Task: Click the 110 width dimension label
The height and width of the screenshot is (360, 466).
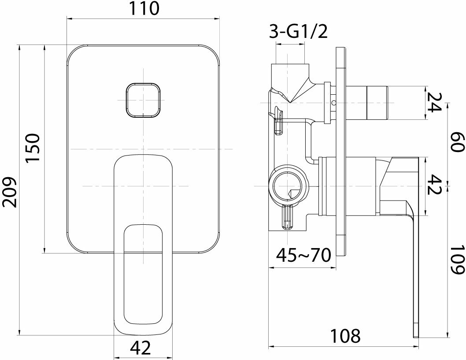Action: click(x=144, y=8)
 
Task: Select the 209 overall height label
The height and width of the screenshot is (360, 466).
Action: click(x=10, y=192)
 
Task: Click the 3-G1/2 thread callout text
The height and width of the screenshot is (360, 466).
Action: click(x=298, y=32)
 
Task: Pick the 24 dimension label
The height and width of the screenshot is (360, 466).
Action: click(x=434, y=102)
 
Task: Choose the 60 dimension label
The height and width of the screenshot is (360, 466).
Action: click(x=457, y=142)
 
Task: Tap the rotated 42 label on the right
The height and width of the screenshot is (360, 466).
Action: click(x=434, y=184)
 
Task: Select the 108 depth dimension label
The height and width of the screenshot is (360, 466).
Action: click(x=346, y=336)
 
